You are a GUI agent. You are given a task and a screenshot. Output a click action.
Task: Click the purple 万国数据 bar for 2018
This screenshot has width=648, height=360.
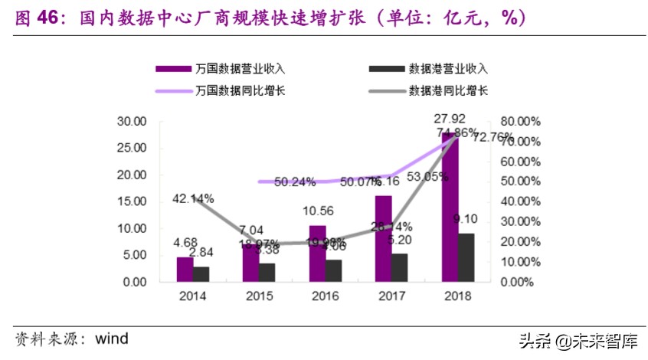[x=450, y=207]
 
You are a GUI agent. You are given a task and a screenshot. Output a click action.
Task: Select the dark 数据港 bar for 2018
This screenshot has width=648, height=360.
[x=466, y=257]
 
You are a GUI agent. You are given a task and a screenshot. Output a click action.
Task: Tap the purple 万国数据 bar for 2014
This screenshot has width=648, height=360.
[x=185, y=269]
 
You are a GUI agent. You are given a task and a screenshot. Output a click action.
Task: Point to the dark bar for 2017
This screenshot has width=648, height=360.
[x=399, y=267]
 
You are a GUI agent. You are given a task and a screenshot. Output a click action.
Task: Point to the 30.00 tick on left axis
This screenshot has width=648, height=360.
[x=131, y=122]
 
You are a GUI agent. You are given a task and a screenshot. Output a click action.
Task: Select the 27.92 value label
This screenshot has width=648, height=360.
[x=450, y=119]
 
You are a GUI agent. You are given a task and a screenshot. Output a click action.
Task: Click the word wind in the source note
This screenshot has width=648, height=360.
[x=111, y=339]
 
